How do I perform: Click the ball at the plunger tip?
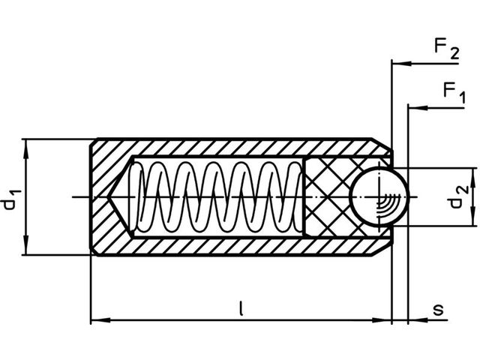[379, 196]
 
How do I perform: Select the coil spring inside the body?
[217, 196]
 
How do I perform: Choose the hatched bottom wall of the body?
[225, 245]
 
